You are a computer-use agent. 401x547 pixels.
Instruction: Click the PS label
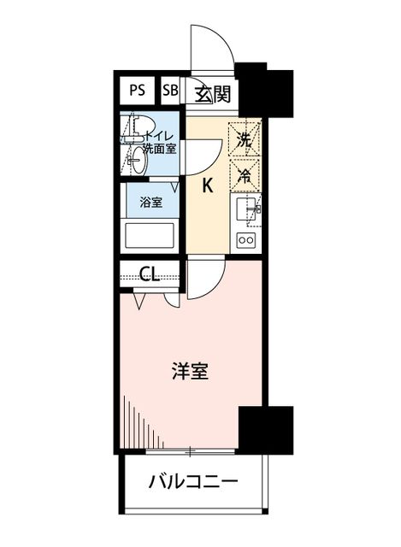click(137, 91)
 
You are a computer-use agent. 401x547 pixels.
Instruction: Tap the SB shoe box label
click(170, 91)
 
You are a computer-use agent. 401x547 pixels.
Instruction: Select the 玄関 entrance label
click(213, 94)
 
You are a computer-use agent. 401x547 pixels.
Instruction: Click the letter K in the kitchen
click(208, 186)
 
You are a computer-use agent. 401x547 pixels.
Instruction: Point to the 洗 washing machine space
click(245, 139)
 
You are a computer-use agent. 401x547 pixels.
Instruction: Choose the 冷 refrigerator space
click(245, 175)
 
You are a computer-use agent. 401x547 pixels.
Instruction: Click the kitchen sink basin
click(245, 209)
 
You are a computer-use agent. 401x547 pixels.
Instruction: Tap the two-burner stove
click(246, 239)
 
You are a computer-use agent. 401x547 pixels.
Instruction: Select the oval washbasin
click(139, 161)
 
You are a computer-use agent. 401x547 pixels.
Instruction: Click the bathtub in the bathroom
click(150, 236)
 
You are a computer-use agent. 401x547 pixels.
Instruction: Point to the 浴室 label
click(151, 202)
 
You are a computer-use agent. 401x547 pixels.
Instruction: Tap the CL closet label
click(150, 274)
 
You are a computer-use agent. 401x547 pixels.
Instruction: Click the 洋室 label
click(191, 371)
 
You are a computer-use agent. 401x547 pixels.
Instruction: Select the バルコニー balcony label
click(194, 482)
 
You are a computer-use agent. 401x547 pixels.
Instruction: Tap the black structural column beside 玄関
click(264, 90)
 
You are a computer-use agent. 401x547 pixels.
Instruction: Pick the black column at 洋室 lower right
click(266, 429)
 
